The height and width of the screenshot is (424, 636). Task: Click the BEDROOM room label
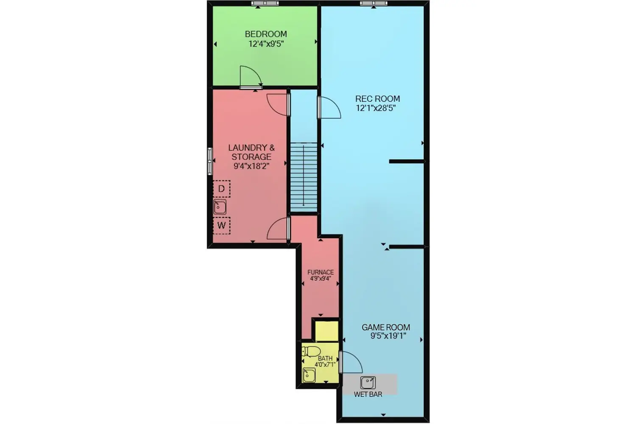tap(266, 34)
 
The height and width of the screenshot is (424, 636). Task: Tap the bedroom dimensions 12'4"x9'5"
tap(266, 44)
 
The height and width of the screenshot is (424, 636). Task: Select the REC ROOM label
tap(378, 99)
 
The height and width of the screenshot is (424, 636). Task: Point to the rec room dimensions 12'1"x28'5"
tap(376, 108)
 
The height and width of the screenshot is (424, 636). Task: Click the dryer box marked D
tap(221, 189)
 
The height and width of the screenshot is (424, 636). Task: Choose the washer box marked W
tap(221, 226)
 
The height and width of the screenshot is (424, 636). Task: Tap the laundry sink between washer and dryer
tap(220, 207)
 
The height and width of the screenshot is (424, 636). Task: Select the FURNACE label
tap(321, 272)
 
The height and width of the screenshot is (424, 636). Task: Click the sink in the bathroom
tap(309, 375)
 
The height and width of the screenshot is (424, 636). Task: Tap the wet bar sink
tap(368, 383)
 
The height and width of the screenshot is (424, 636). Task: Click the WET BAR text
tap(368, 394)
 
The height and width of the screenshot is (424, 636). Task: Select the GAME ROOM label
tap(386, 327)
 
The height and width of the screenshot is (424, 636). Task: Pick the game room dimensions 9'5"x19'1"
tap(388, 336)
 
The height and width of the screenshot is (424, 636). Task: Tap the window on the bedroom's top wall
tap(265, 3)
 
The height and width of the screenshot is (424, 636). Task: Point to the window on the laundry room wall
tap(210, 161)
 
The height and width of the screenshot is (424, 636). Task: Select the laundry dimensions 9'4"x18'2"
tap(251, 166)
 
